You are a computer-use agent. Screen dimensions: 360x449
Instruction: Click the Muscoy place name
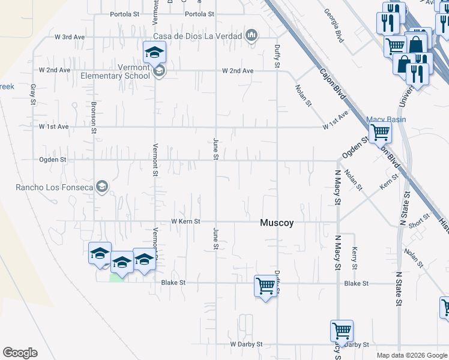click(x=277, y=223)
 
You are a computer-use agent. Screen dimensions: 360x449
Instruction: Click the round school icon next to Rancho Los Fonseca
click(x=101, y=188)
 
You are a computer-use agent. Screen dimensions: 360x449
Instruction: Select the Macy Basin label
click(x=386, y=119)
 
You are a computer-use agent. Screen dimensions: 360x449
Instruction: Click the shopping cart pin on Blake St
click(x=265, y=286)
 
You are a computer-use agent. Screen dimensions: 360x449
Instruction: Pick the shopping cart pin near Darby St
click(x=341, y=331)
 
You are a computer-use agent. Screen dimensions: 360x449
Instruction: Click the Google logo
click(x=20, y=353)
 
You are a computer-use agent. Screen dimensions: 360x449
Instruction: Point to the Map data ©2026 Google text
click(x=412, y=355)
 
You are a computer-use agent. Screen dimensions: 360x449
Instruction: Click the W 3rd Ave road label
click(x=70, y=37)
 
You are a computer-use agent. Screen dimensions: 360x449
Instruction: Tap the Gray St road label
click(x=33, y=95)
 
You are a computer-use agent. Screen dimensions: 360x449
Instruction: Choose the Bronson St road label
click(x=94, y=117)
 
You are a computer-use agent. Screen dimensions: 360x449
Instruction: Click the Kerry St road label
click(x=355, y=257)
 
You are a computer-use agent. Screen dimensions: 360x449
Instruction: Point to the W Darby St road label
click(x=247, y=344)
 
